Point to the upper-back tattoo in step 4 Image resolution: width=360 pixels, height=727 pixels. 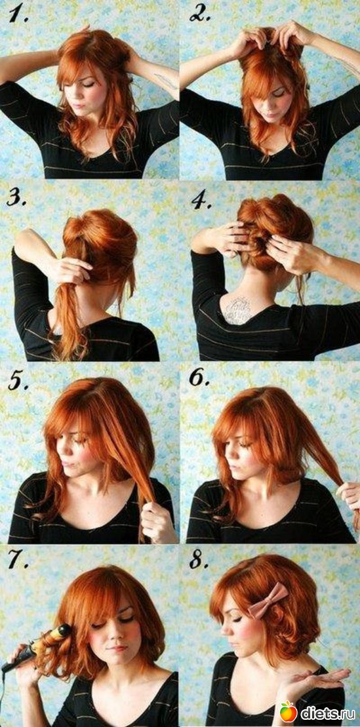(x=238, y=309)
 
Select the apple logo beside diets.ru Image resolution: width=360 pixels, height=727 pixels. (x=288, y=711)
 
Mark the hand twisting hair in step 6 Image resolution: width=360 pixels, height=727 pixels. (x=348, y=495)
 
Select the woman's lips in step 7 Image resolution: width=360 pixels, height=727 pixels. (x=117, y=648)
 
